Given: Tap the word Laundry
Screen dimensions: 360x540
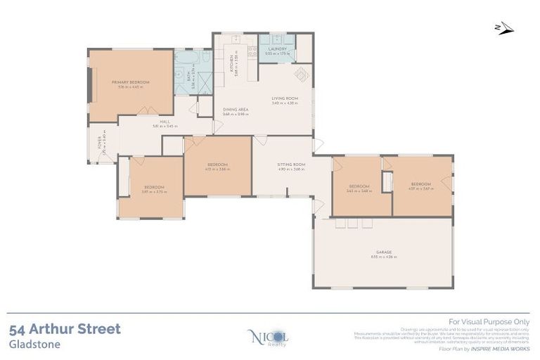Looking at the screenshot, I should pyautogui.click(x=277, y=49).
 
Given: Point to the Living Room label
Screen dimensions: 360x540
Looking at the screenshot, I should pyautogui.click(x=285, y=98).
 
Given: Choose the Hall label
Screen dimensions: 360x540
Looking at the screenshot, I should pyautogui.click(x=165, y=122).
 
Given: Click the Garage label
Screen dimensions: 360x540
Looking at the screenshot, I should pyautogui.click(x=383, y=252).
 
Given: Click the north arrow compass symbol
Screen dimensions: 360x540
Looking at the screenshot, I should pyautogui.click(x=505, y=29).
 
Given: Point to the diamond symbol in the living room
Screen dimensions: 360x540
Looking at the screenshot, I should pyautogui.click(x=302, y=72).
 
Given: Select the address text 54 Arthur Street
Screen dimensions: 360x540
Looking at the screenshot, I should pyautogui.click(x=65, y=329).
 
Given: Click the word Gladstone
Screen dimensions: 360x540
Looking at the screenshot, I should pyautogui.click(x=34, y=345).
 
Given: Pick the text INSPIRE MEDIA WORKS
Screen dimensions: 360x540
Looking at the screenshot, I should pyautogui.click(x=500, y=348).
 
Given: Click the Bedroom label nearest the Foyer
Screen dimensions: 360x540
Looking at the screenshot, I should pyautogui.click(x=153, y=186).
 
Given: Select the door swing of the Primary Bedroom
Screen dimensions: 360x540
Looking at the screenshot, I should pyautogui.click(x=147, y=110).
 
